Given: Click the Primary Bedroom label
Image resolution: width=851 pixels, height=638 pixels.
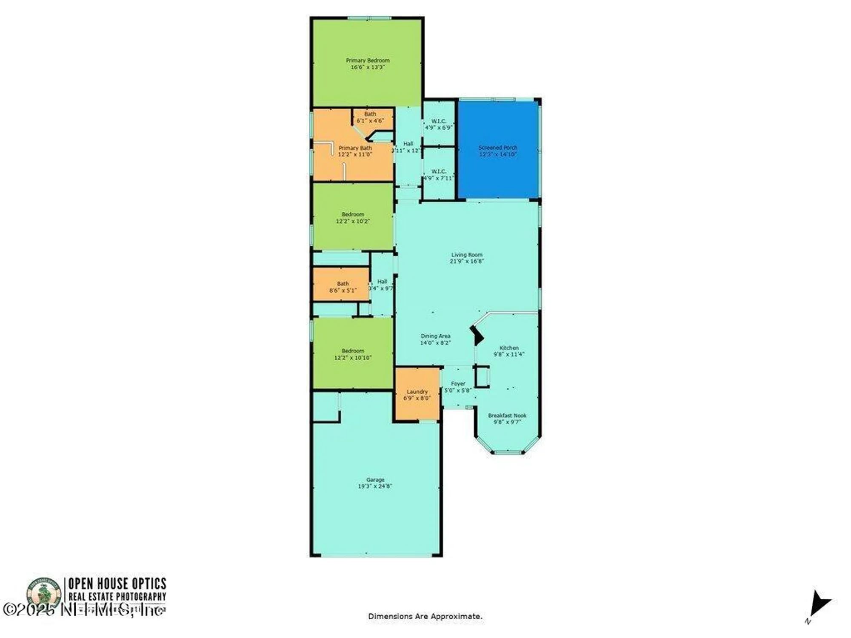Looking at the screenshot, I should point(368,60).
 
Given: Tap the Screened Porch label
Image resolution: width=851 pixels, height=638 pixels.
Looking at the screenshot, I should point(498,148).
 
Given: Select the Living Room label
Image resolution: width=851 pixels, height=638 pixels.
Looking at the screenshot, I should point(467,255).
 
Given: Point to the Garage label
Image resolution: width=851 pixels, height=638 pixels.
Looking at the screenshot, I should point(375,480).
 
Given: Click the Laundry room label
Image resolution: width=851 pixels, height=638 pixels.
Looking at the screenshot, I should point(417,391).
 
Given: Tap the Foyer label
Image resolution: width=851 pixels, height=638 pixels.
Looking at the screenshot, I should point(458,384).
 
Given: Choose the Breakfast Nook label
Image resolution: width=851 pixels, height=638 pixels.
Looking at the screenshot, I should point(507,415).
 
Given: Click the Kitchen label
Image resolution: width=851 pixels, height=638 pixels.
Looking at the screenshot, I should point(509,347).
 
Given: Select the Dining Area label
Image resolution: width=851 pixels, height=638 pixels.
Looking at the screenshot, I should point(435,336).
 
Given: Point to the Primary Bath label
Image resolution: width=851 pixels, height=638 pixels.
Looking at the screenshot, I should point(355,148).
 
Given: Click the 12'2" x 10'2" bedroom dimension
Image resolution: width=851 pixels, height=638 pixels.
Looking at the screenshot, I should point(353,221).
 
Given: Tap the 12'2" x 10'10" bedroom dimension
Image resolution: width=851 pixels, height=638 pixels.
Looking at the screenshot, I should point(353,358).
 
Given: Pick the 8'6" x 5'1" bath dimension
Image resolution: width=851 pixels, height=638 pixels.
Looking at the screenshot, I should point(343,291).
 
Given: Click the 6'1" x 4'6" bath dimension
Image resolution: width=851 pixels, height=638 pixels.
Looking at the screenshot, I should point(370,121).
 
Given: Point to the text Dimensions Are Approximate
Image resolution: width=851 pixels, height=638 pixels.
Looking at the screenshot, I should point(425,616).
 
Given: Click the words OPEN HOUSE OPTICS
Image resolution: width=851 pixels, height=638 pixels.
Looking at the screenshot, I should point(117,583).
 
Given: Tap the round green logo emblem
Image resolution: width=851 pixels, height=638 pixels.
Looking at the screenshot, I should point(44,592).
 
